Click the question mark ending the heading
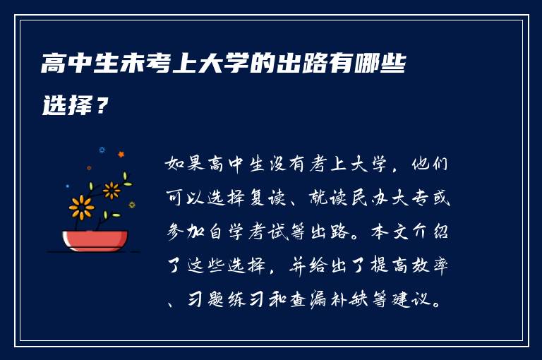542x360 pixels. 102,104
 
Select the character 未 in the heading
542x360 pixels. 132,64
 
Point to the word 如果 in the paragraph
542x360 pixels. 185,164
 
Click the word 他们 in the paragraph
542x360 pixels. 430,164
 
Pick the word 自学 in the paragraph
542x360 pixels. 227,232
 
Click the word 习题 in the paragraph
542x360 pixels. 206,299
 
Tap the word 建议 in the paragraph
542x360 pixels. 411,299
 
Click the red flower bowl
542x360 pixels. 95,240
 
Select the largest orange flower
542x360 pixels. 81,208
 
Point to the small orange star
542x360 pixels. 121,155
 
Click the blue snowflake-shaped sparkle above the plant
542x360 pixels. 102,150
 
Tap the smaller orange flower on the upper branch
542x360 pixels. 112,191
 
